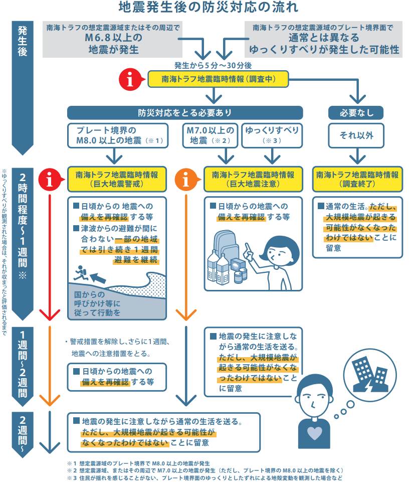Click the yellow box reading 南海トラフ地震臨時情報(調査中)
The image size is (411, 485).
pyautogui.click(x=218, y=79)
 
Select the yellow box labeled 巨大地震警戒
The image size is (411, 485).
pyautogui.click(x=117, y=180)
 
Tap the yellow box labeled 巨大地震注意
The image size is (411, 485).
pyautogui.click(x=253, y=180)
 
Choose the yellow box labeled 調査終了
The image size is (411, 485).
pyautogui.click(x=357, y=180)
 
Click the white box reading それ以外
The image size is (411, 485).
pyautogui.click(x=356, y=135)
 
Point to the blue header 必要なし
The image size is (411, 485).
pyautogui.click(x=356, y=113)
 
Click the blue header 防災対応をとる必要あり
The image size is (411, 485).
pyautogui.click(x=185, y=113)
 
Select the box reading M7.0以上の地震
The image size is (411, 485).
pyautogui.click(x=210, y=135)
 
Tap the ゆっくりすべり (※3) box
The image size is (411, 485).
pyautogui.click(x=272, y=135)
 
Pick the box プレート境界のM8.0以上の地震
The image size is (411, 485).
pyautogui.click(x=118, y=135)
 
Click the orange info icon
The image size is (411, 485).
pyautogui.click(x=186, y=180)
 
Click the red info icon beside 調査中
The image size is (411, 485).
pyautogui.click(x=131, y=79)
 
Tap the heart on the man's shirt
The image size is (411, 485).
pyautogui.click(x=315, y=433)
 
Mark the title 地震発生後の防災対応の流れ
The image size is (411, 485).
pyautogui.click(x=209, y=8)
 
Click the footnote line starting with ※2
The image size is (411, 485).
pyautogui.click(x=205, y=470)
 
